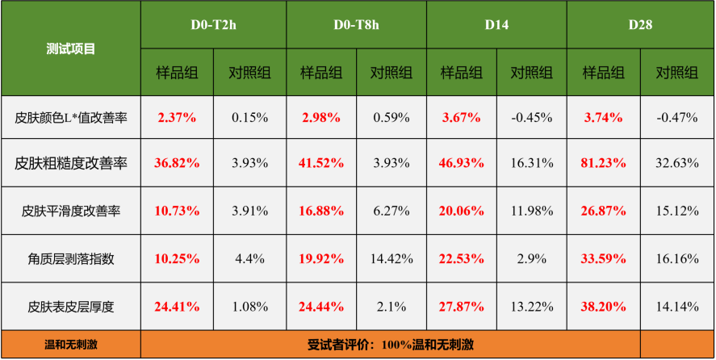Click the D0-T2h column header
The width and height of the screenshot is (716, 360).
213,24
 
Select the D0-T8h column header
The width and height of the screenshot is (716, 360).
356,24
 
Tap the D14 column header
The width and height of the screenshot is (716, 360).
496,24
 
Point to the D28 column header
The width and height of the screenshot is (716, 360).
640,24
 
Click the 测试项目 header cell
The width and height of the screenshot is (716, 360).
71,48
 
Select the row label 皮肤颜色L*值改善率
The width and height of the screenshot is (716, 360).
71,117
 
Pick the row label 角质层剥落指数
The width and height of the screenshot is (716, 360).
71,259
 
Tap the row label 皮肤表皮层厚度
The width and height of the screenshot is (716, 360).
71,307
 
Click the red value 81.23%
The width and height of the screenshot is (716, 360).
603,163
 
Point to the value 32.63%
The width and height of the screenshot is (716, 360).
676,163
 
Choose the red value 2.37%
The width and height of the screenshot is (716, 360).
177,117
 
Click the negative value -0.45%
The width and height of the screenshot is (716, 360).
532,117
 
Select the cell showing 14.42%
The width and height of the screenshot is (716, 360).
392,259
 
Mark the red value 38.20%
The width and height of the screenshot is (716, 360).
603,307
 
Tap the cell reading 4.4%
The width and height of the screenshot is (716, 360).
249,259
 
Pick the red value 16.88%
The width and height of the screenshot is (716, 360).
320,211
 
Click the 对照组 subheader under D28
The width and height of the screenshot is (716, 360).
676,73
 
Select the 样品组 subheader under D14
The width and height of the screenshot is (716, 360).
461,73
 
